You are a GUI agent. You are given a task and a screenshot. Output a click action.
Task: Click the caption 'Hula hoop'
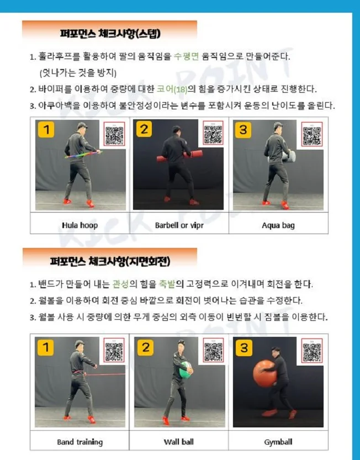[x=80, y=225]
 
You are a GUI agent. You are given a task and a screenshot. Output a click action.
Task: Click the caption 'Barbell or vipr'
[x=179, y=225]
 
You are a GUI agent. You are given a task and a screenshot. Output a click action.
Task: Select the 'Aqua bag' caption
[x=278, y=225]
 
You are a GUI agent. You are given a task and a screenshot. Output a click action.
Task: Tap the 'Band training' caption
[x=80, y=442]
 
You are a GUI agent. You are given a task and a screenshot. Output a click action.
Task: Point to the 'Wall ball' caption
[x=179, y=442]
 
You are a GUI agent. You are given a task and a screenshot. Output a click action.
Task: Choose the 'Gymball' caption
[x=278, y=442]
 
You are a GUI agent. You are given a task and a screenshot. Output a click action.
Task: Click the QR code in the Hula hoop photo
[x=114, y=134]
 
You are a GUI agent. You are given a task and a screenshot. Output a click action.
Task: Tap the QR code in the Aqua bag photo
[x=312, y=134]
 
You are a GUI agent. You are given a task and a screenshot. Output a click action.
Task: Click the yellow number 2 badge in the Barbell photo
[x=145, y=130]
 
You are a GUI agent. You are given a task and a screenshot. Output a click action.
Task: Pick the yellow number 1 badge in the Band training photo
[x=46, y=347]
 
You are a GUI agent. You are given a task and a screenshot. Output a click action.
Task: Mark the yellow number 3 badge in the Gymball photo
[x=243, y=347]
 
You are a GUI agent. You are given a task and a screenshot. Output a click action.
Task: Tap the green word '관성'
[x=120, y=285]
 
